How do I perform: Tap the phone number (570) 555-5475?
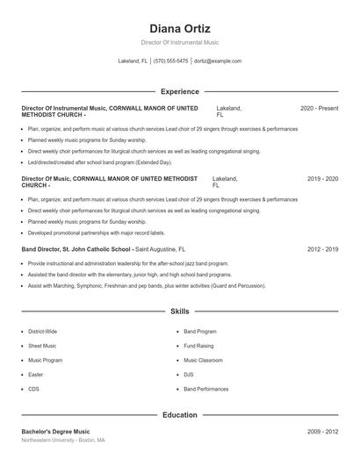point(170,61)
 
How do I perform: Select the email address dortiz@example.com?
point(218,61)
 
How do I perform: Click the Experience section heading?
point(179,91)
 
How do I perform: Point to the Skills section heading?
point(179,311)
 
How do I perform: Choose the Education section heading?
point(179,415)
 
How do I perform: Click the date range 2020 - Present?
point(319,108)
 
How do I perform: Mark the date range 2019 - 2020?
point(322,179)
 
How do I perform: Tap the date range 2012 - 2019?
point(322,249)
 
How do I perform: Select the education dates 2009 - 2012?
point(322,433)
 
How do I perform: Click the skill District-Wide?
point(43,332)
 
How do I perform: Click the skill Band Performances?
point(205,388)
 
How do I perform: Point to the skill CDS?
point(33,388)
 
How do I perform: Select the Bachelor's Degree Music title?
point(57,433)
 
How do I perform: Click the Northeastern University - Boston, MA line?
point(63,440)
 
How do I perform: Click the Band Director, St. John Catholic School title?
point(77,249)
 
